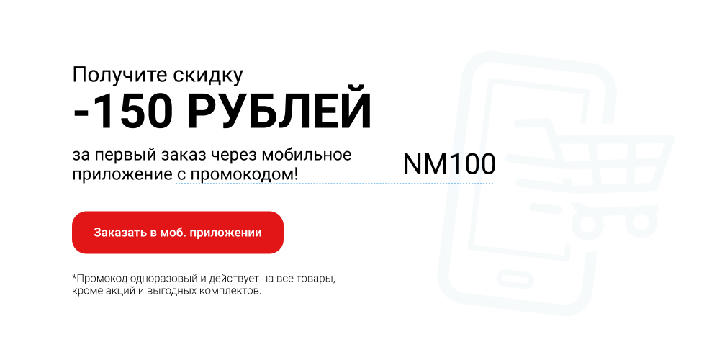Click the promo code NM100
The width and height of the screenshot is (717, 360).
[x=449, y=163]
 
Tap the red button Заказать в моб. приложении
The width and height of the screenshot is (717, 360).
[x=177, y=233]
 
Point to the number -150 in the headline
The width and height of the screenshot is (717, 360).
[x=123, y=111]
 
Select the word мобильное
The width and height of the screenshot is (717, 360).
[x=307, y=155]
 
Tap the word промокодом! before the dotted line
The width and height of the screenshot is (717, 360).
[x=244, y=174]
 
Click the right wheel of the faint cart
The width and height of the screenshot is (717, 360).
[x=641, y=221]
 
